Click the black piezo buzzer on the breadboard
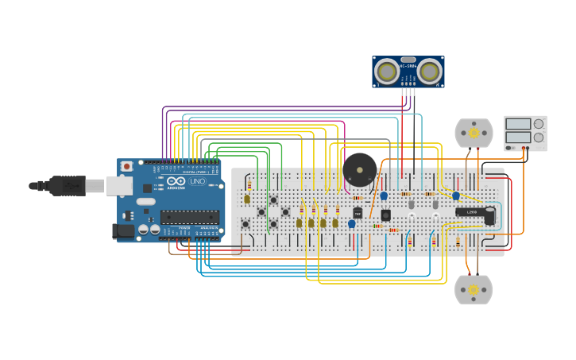(x=359, y=169)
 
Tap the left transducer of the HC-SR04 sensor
(x=387, y=72)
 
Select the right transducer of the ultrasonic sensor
(x=429, y=72)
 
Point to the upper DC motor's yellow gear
(x=474, y=133)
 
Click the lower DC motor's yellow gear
(x=474, y=290)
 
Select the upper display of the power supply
(x=518, y=124)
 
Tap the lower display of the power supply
(x=518, y=137)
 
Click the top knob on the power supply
(x=539, y=124)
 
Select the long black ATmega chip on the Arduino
(x=189, y=216)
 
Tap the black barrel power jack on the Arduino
(x=125, y=231)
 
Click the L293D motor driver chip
(x=472, y=212)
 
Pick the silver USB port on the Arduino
(x=119, y=185)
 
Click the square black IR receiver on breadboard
(x=385, y=215)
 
